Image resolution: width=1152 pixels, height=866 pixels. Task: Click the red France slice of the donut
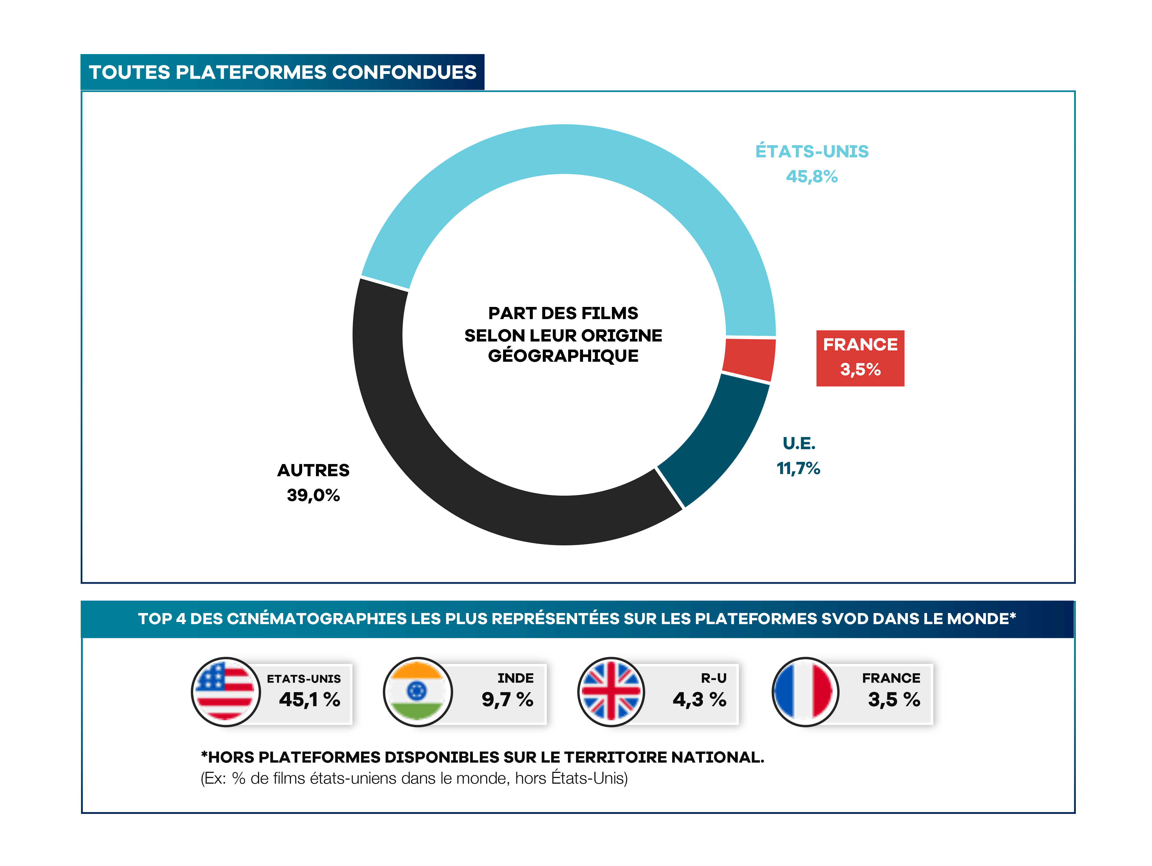tap(748, 359)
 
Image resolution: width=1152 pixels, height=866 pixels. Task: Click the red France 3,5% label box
tap(860, 358)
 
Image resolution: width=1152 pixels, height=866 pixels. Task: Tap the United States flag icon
tap(225, 692)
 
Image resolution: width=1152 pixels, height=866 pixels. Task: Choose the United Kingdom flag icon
tap(611, 692)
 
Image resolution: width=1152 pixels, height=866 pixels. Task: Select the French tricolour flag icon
tap(805, 692)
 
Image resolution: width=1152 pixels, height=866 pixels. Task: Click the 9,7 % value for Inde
tap(507, 699)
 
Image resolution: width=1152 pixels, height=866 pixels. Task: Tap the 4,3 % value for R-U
tap(699, 699)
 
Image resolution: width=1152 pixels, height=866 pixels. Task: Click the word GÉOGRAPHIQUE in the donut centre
tap(563, 356)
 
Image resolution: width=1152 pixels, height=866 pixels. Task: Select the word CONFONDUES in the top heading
tap(404, 72)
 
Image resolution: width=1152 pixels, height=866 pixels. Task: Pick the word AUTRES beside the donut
tap(313, 470)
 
